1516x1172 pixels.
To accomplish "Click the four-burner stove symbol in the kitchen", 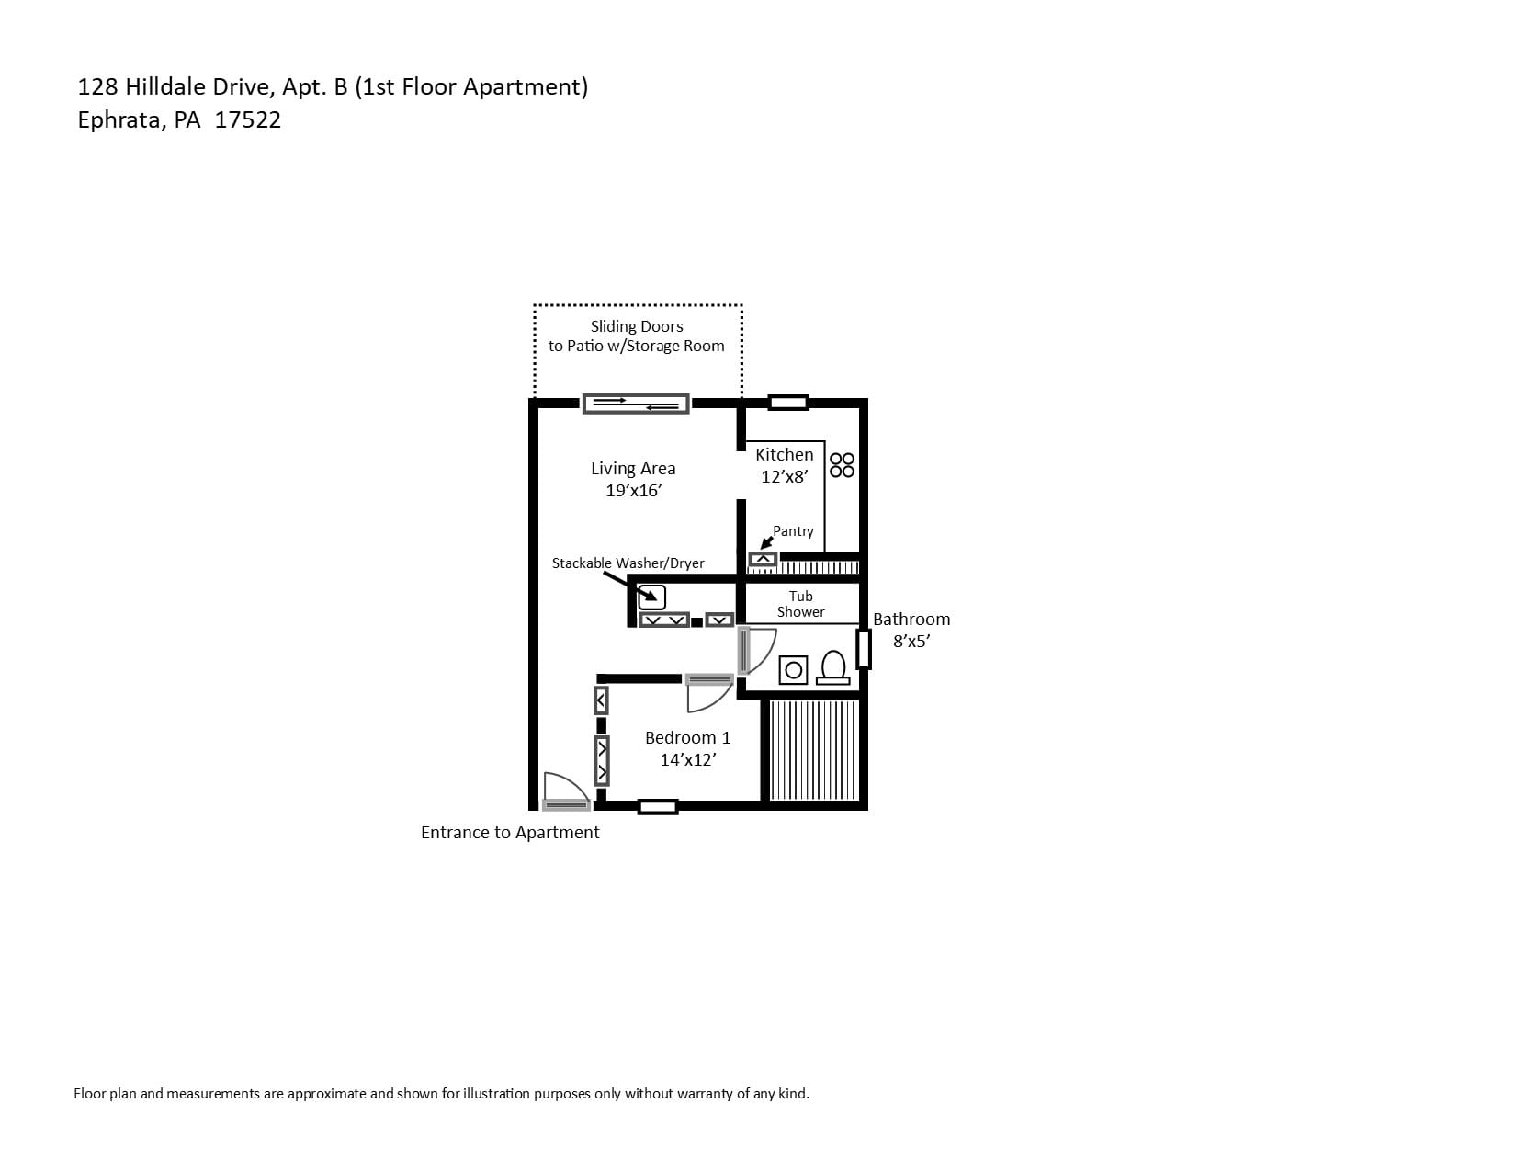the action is point(842,465).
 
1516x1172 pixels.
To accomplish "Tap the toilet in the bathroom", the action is point(833,667).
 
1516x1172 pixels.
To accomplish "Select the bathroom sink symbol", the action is point(793,670).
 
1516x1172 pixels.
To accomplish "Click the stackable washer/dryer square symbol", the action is point(652,597).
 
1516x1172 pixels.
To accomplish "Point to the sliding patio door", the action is point(636,404).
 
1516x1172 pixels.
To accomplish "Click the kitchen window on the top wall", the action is point(788,402).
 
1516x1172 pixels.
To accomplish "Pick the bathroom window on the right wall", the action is point(864,649).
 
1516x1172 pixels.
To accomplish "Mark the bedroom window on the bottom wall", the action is point(658,807).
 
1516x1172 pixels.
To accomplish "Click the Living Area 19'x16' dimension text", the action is point(633,490).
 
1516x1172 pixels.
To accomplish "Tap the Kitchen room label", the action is point(784,454).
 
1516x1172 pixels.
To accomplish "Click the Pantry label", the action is point(793,531).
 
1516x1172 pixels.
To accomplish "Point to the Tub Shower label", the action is point(801,604).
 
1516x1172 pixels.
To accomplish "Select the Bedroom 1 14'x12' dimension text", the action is point(688,759).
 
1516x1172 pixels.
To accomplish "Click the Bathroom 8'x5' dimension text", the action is point(911,641).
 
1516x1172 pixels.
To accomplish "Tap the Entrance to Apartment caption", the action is point(510,832).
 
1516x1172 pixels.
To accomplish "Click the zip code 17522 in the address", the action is point(248,120).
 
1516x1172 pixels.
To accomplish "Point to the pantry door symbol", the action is point(763,559).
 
